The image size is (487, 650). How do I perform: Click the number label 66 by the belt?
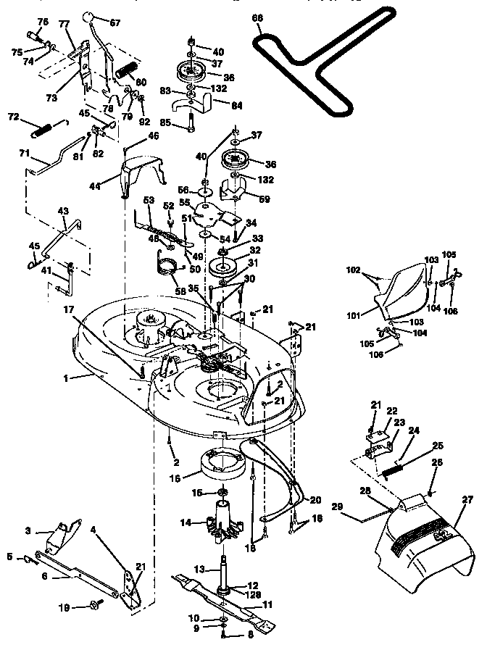pyautogui.click(x=256, y=17)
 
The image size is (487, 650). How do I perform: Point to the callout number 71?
pyautogui.click(x=24, y=153)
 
